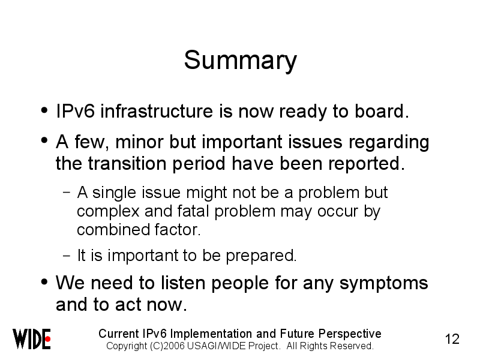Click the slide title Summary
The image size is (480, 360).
241,61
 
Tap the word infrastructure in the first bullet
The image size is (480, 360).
157,111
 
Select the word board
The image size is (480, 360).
382,111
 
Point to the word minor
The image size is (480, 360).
139,142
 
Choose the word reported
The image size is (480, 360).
367,164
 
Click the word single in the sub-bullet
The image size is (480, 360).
114,193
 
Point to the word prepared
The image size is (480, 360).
261,256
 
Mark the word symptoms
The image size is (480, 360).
383,283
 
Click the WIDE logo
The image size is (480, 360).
32,339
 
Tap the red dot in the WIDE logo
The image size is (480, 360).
47,339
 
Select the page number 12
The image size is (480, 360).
452,339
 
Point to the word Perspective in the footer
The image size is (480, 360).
350,334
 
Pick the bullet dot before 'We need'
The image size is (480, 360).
44,281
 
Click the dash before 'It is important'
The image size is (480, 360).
67,256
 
